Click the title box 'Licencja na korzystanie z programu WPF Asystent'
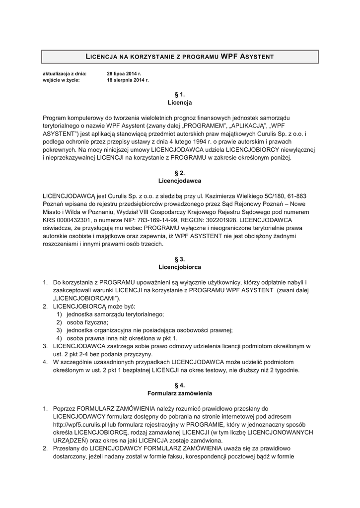click(x=180, y=57)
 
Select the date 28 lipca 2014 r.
click(x=124, y=73)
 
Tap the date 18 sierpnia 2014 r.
click(x=128, y=79)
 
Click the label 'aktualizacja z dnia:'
click(x=65, y=73)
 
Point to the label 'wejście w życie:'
click(x=61, y=79)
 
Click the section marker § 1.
click(x=180, y=94)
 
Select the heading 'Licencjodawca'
click(x=180, y=181)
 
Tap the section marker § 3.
click(x=180, y=259)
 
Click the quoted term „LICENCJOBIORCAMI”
click(x=87, y=298)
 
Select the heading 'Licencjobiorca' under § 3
click(x=180, y=267)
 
